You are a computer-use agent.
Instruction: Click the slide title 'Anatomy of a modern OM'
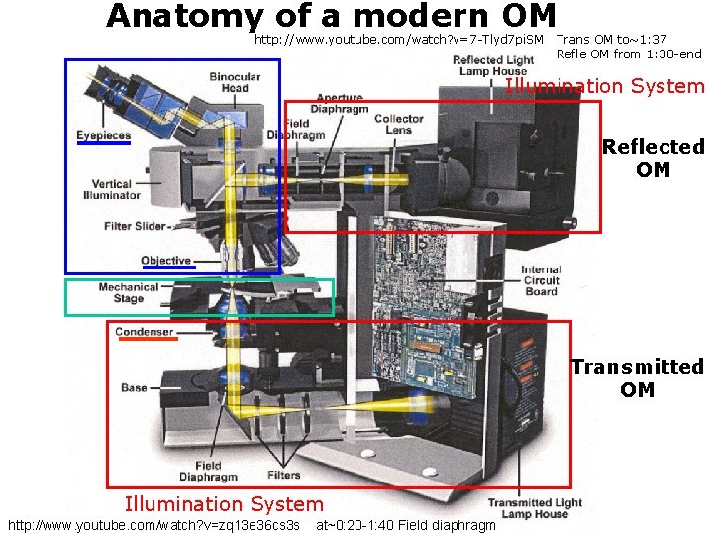331,17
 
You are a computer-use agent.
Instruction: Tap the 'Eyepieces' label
103,135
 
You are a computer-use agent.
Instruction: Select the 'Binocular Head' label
235,82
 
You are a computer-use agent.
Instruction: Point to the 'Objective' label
165,261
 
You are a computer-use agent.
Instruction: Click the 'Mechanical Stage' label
128,292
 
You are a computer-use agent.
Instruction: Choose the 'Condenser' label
144,332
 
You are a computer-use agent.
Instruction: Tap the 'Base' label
134,388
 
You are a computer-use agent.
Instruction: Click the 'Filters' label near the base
284,475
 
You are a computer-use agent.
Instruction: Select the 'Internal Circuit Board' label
541,280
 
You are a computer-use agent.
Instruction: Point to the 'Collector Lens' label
399,124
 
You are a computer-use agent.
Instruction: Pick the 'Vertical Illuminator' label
113,189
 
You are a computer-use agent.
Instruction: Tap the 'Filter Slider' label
136,226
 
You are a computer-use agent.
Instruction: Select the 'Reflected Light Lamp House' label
492,66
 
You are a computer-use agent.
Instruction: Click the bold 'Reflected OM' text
653,159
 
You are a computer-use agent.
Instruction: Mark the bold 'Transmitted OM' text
637,377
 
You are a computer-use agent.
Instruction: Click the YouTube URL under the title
399,41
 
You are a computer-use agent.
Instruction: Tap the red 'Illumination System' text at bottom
224,504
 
